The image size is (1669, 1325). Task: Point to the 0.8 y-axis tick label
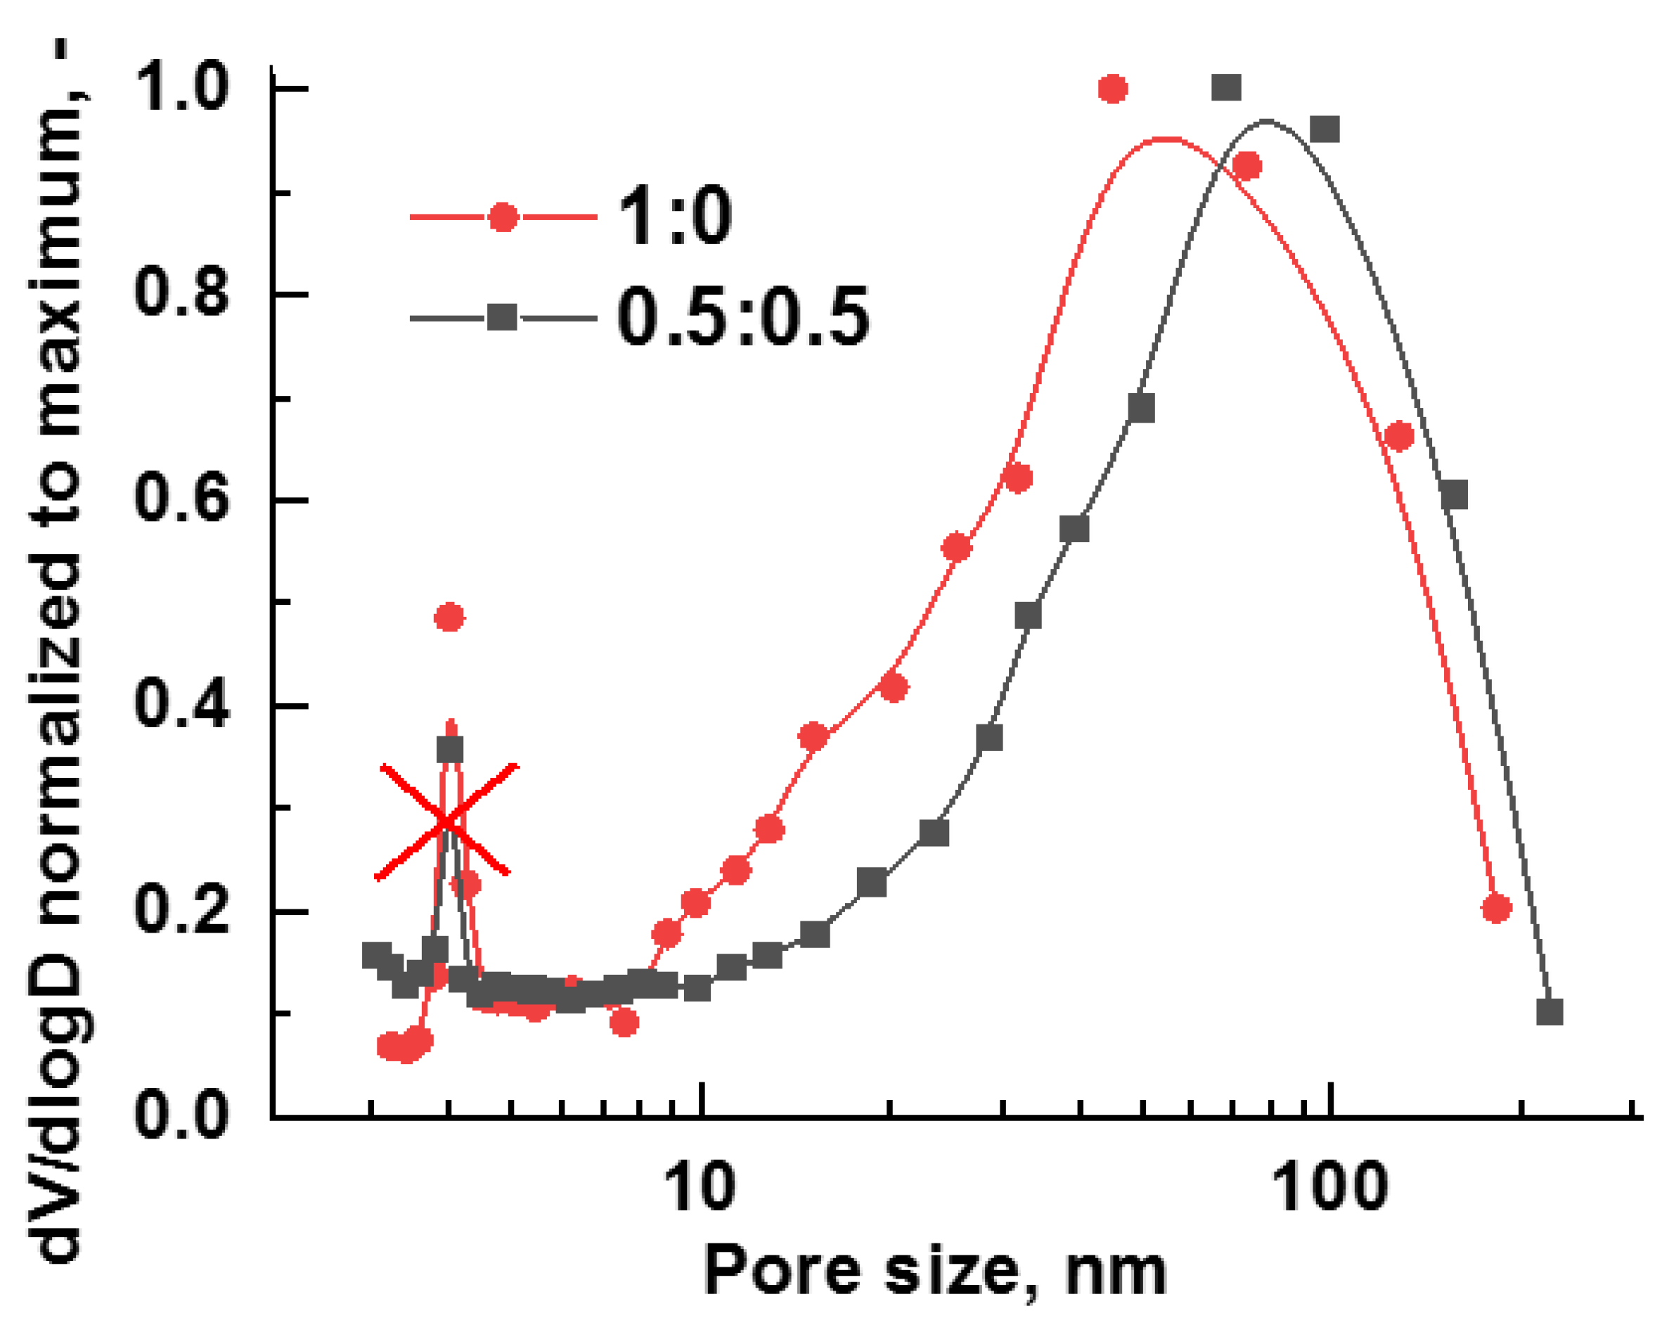click(181, 294)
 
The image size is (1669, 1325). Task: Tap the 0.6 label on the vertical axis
click(181, 500)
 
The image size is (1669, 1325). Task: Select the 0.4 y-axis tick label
click(181, 705)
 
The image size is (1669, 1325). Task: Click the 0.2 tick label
click(181, 911)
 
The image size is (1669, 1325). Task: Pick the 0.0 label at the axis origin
click(181, 1117)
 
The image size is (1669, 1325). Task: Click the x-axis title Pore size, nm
click(934, 1272)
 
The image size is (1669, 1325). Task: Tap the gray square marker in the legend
click(503, 317)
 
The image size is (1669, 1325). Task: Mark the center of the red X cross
click(445, 822)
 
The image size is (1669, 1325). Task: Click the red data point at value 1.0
click(1112, 89)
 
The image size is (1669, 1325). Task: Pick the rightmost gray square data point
click(1549, 1011)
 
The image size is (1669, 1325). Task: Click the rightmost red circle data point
click(1496, 909)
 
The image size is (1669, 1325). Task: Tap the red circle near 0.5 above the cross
click(450, 617)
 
